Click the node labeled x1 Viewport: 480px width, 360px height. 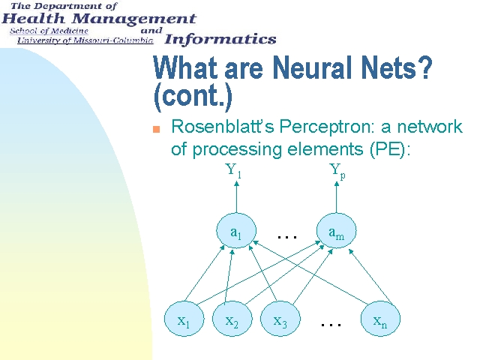(184, 319)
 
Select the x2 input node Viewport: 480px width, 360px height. (232, 319)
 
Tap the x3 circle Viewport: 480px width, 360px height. (280, 319)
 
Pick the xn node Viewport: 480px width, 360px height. (380, 319)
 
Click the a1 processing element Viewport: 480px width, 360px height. (236, 231)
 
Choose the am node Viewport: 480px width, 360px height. (337, 231)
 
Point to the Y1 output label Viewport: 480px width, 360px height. (233, 170)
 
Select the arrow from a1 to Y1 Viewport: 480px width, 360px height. (236, 196)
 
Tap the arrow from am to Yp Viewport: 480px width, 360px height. (337, 196)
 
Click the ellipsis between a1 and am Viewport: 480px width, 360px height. (286, 237)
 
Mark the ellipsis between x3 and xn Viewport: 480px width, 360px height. (331, 325)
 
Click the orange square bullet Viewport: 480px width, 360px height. (157, 129)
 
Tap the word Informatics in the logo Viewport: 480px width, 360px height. (220, 40)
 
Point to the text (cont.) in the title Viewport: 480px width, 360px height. (193, 95)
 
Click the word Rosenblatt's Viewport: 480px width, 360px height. (223, 126)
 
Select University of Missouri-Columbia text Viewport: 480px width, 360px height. (85, 40)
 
